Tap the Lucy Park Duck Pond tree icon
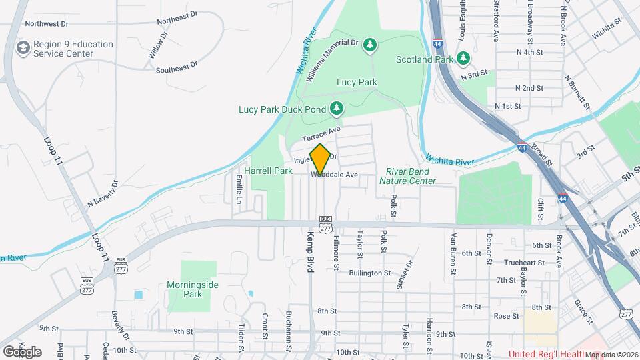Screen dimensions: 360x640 [x=337, y=108]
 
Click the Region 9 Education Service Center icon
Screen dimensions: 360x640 [x=24, y=49]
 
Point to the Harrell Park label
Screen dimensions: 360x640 [x=269, y=171]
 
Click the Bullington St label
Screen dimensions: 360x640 [x=369, y=273]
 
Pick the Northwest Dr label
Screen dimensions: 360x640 [x=46, y=24]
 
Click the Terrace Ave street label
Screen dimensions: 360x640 [x=321, y=133]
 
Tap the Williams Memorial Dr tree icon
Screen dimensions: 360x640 [x=370, y=45]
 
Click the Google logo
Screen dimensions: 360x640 [x=22, y=351]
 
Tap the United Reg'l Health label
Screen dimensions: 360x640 [x=545, y=354]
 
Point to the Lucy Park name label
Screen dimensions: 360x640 [x=357, y=83]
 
